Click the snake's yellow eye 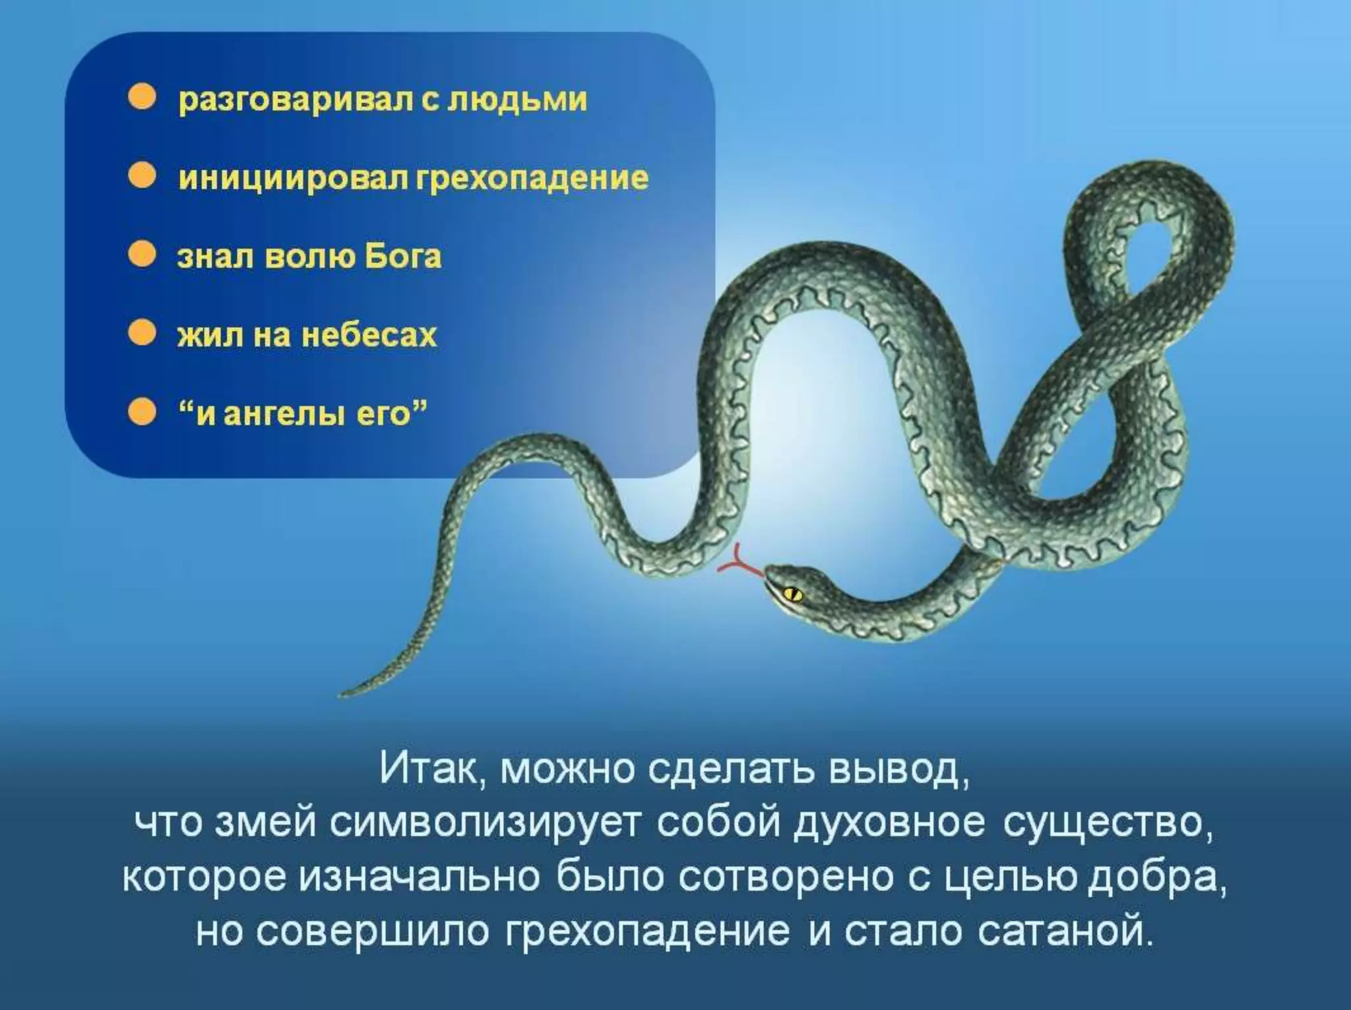[x=792, y=593]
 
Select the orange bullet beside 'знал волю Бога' [x=142, y=255]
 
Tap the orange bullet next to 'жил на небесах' [x=142, y=334]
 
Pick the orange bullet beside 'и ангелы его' [x=142, y=413]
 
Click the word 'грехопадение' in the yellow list [x=532, y=179]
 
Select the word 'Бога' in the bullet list [x=403, y=256]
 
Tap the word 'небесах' [x=369, y=335]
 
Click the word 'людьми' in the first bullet [x=518, y=100]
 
